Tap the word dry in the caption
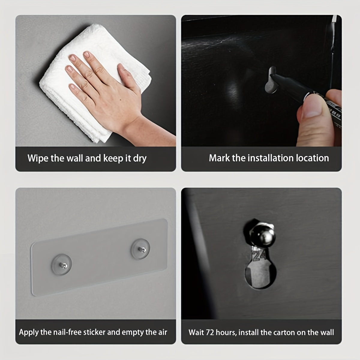click(139, 159)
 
